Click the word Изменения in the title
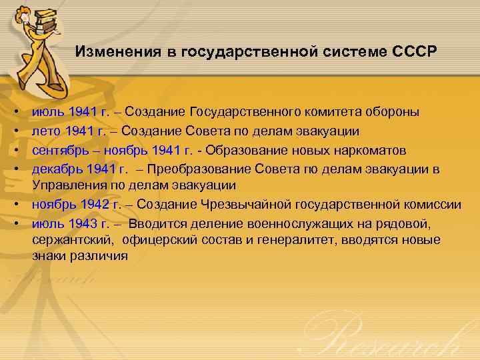tap(110, 51)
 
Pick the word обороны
tap(397, 111)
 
